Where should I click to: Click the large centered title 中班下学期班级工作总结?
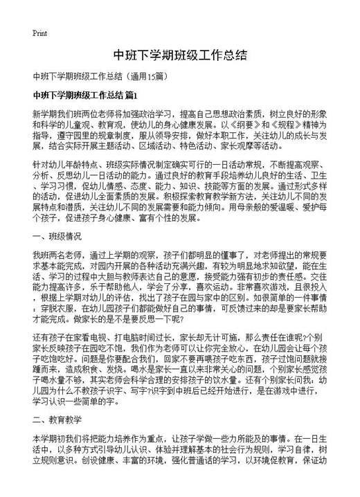[179, 55]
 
